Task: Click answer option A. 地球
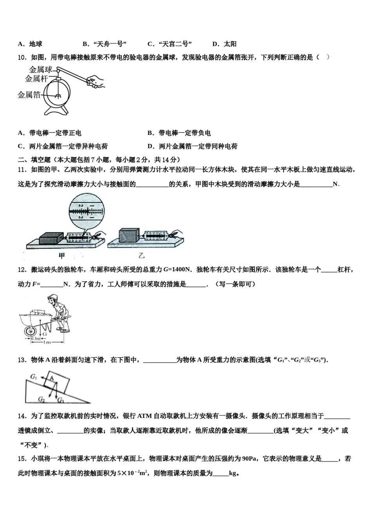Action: (x=30, y=44)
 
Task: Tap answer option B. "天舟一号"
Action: (x=105, y=44)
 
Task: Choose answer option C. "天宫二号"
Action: (x=170, y=44)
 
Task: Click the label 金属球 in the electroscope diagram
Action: (x=41, y=70)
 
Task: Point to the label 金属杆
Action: (x=36, y=79)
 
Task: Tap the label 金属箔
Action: (x=29, y=95)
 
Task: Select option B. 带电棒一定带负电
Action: (x=179, y=133)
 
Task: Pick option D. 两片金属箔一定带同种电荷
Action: (x=193, y=146)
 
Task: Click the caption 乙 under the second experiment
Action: (x=141, y=256)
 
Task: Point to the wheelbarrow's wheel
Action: (x=30, y=332)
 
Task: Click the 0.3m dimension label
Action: (x=35, y=338)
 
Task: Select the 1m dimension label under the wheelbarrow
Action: (x=47, y=342)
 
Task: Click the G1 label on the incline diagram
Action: (x=34, y=377)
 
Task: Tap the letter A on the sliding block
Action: (x=51, y=378)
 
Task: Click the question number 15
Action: (x=22, y=459)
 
